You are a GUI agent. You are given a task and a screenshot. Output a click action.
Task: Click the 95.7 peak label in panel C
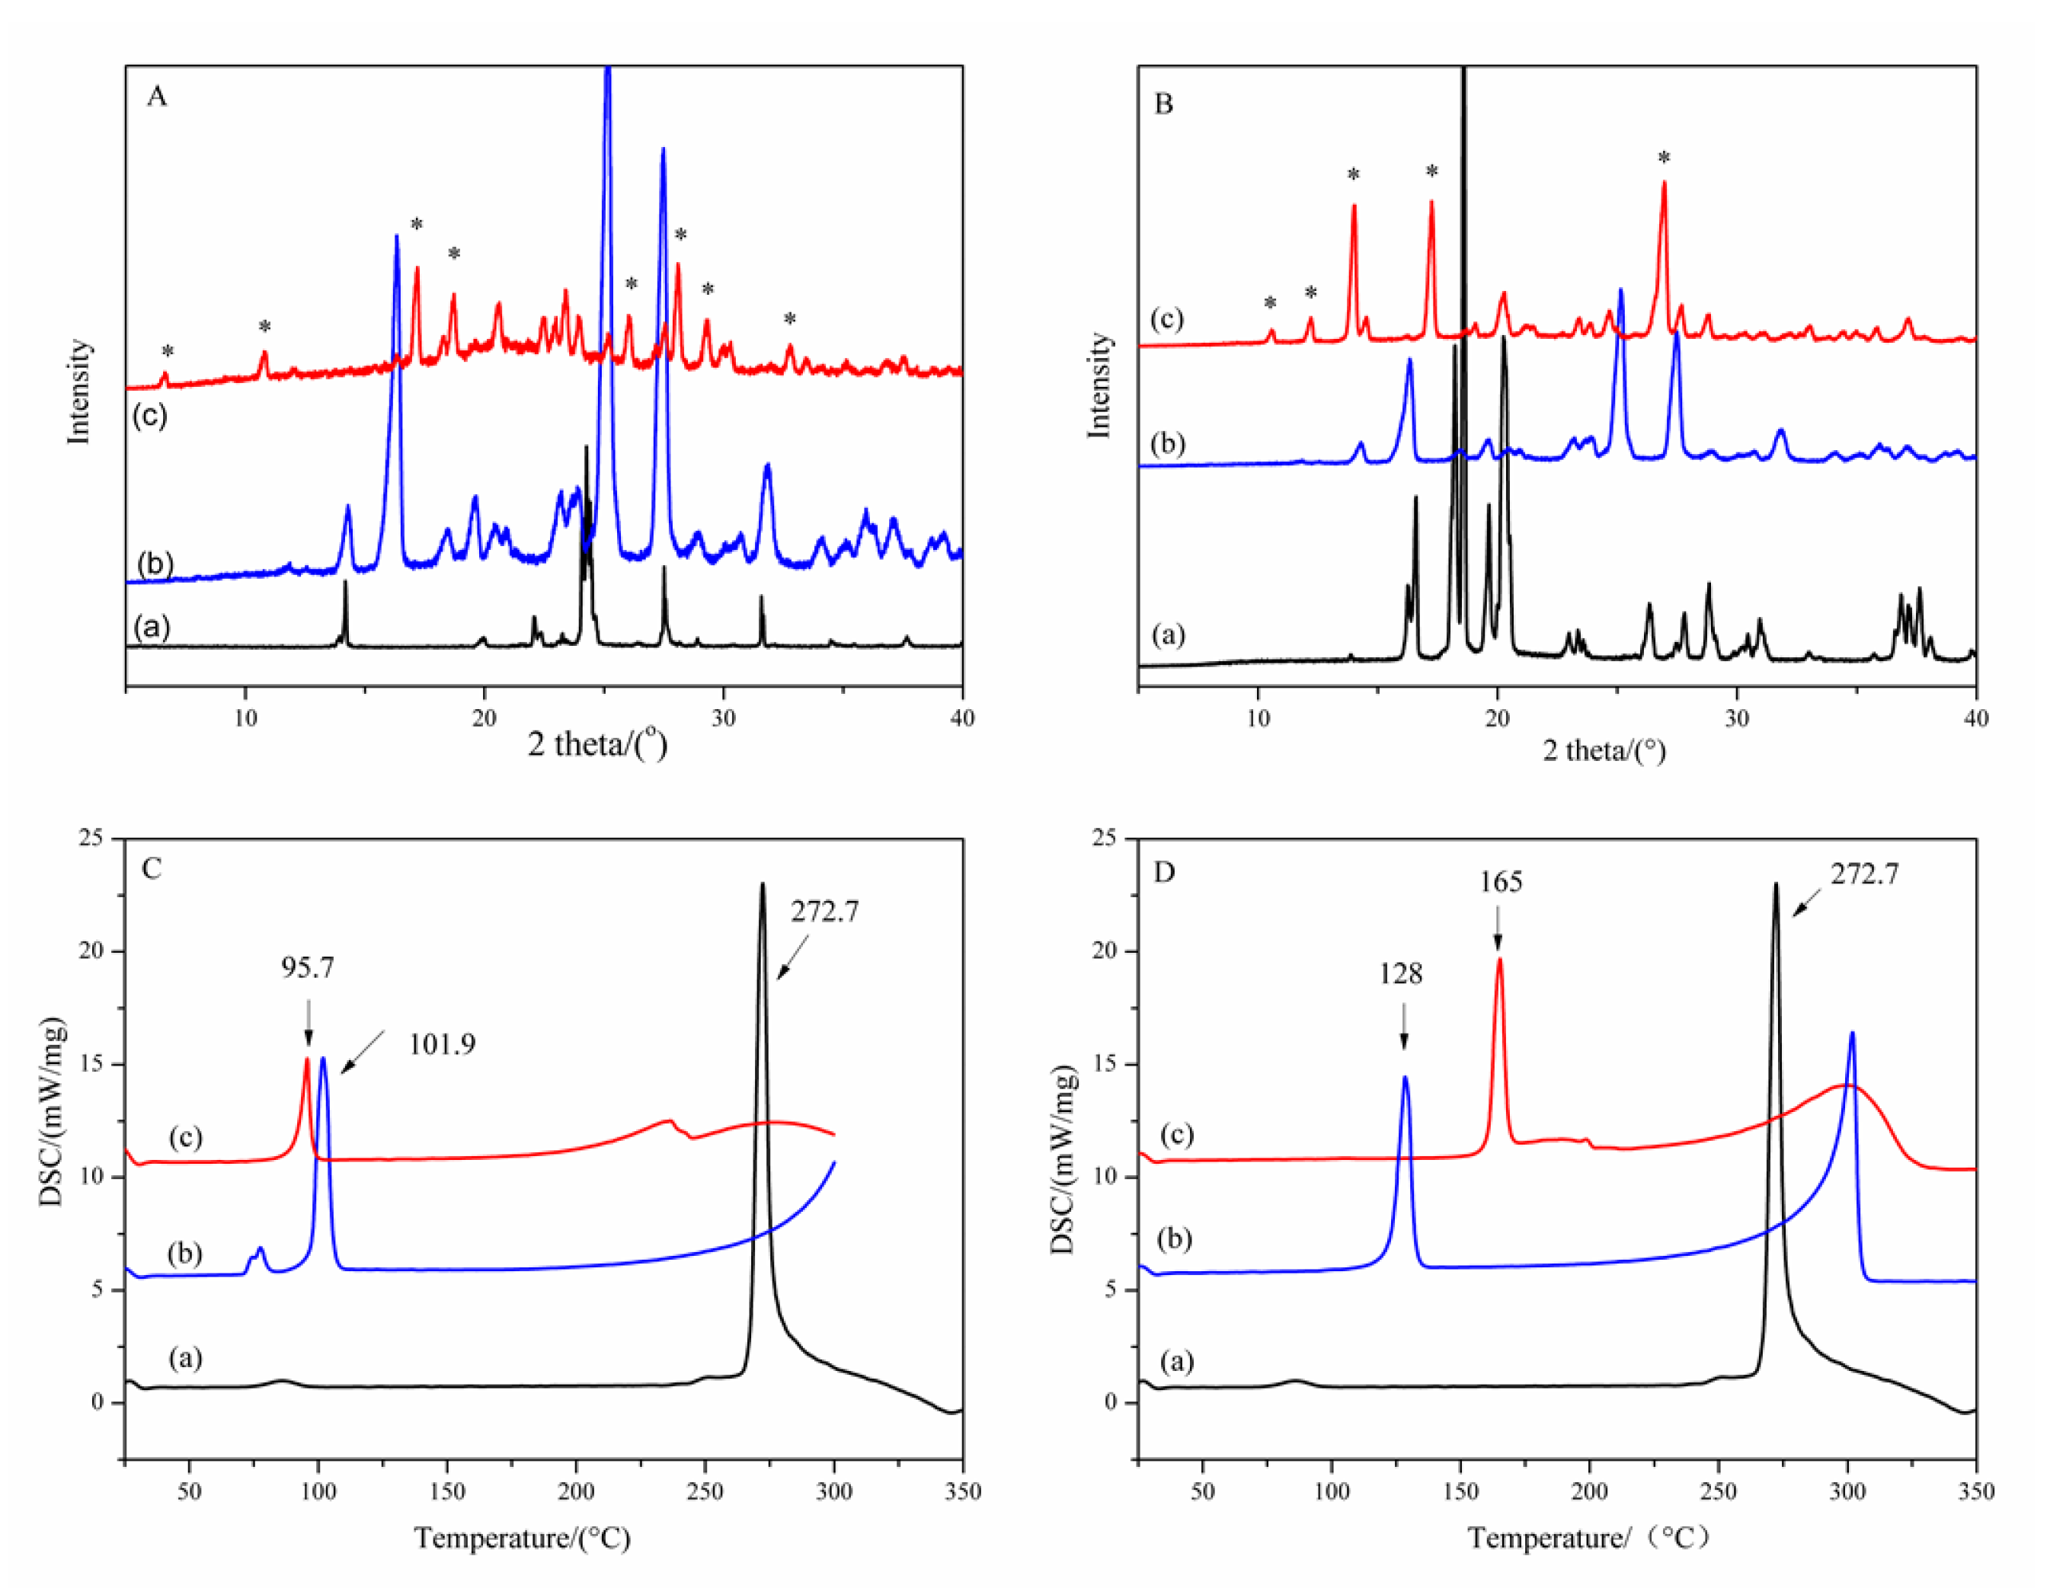pyautogui.click(x=307, y=967)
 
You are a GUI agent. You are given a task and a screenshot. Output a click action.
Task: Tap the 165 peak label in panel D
pyautogui.click(x=1501, y=882)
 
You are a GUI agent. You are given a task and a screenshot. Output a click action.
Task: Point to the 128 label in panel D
pyautogui.click(x=1399, y=974)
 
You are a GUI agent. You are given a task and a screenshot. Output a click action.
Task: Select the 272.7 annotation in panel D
pyautogui.click(x=1864, y=874)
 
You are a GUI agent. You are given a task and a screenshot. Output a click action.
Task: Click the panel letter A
pyautogui.click(x=157, y=97)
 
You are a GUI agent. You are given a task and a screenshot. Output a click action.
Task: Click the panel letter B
pyautogui.click(x=1163, y=104)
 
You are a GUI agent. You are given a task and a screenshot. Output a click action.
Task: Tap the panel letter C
pyautogui.click(x=151, y=869)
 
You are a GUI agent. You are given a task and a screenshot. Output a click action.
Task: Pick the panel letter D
pyautogui.click(x=1164, y=873)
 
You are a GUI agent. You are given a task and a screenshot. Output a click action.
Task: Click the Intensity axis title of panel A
pyautogui.click(x=80, y=391)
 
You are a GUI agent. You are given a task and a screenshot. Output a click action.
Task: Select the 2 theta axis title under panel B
pyautogui.click(x=1604, y=751)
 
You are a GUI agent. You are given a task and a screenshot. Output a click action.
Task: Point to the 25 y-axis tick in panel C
pyautogui.click(x=91, y=837)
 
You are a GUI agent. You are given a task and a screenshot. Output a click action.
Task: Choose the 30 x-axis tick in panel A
pyautogui.click(x=723, y=718)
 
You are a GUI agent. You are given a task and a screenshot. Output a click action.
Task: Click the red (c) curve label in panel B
pyautogui.click(x=1167, y=319)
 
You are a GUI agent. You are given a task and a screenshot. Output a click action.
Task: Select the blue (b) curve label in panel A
pyautogui.click(x=155, y=563)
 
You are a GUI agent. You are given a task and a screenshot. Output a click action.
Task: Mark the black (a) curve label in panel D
pyautogui.click(x=1177, y=1361)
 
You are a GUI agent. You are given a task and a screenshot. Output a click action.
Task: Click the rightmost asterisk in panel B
pyautogui.click(x=1663, y=158)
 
